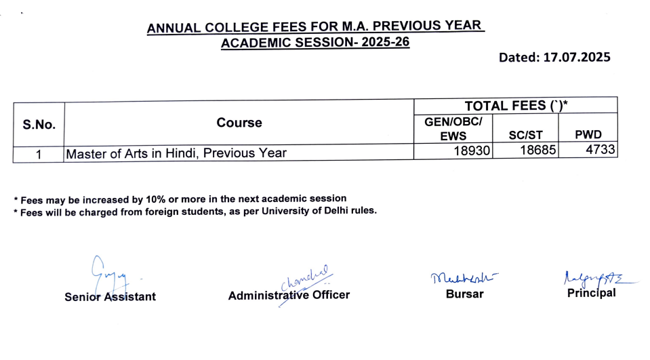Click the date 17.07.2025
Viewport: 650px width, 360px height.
[x=577, y=58]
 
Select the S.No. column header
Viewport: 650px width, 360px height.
[x=39, y=125]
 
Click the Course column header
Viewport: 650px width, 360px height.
[x=239, y=123]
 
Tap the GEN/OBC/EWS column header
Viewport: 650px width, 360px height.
[x=453, y=128]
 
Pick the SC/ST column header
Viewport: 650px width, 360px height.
[x=525, y=135]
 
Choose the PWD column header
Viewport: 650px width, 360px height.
[x=588, y=135]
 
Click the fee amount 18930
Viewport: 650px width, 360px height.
[x=472, y=153]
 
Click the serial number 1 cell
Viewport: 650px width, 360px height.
[x=39, y=154]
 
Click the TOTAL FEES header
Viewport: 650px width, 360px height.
[x=515, y=106]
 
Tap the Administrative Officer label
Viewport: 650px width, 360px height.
[x=289, y=296]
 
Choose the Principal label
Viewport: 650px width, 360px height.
[x=591, y=293]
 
